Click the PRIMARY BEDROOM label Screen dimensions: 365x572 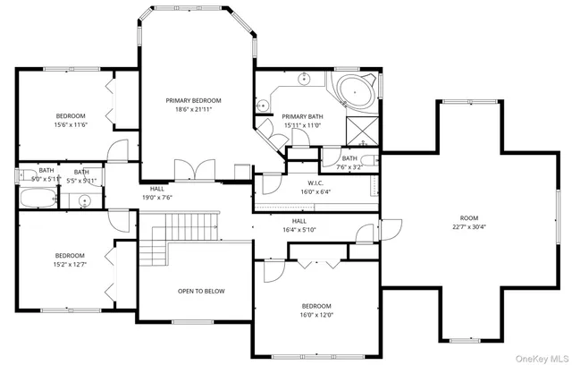point(193,100)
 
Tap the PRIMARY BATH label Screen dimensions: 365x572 point(301,116)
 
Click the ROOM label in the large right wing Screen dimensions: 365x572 point(469,217)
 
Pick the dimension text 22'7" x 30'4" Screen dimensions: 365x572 point(469,226)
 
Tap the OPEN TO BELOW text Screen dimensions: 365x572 point(201,291)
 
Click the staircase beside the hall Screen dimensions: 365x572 point(184,229)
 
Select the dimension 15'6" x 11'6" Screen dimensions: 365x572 point(70,125)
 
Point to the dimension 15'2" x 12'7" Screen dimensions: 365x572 point(70,265)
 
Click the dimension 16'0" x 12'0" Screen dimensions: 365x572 point(316,314)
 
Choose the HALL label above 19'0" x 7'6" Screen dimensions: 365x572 point(156,189)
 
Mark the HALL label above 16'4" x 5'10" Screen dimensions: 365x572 point(299,221)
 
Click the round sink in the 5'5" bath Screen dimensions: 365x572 point(86,200)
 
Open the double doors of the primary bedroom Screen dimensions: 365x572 point(194,171)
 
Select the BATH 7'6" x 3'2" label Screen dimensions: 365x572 point(349,158)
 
